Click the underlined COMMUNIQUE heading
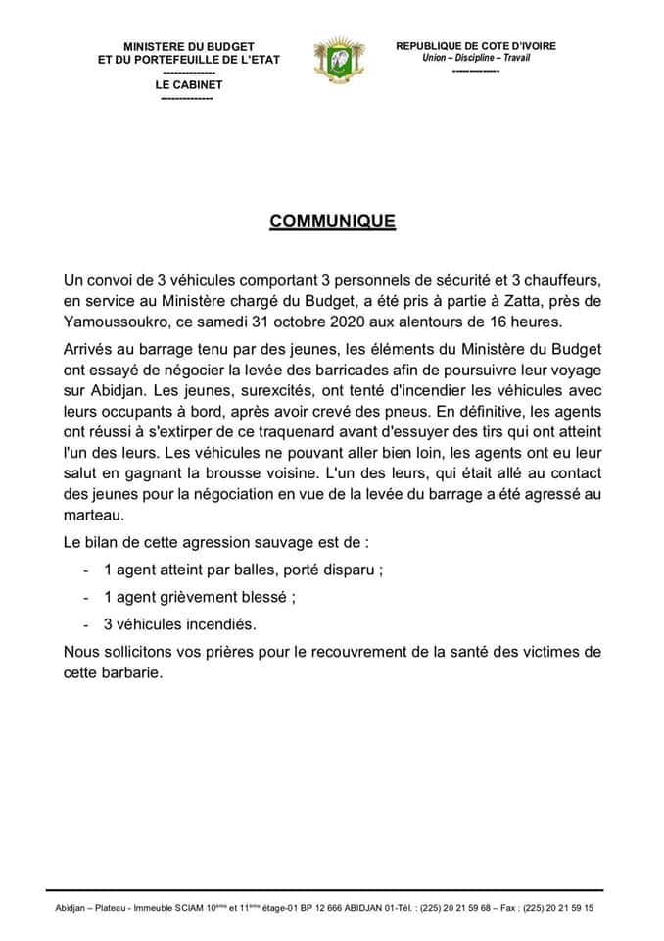pyautogui.click(x=332, y=222)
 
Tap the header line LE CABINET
pyautogui.click(x=188, y=84)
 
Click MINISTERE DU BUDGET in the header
pyautogui.click(x=189, y=46)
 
